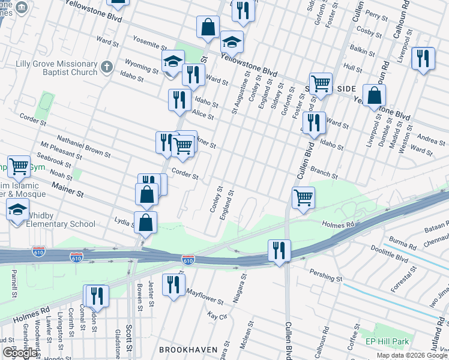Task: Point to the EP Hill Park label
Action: point(387,341)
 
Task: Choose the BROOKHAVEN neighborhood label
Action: point(187,349)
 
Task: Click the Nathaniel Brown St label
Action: point(84,146)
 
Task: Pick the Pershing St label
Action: point(326,276)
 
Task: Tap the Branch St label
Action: point(324,173)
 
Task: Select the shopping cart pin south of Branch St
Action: point(303,197)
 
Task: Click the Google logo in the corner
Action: point(19,353)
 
